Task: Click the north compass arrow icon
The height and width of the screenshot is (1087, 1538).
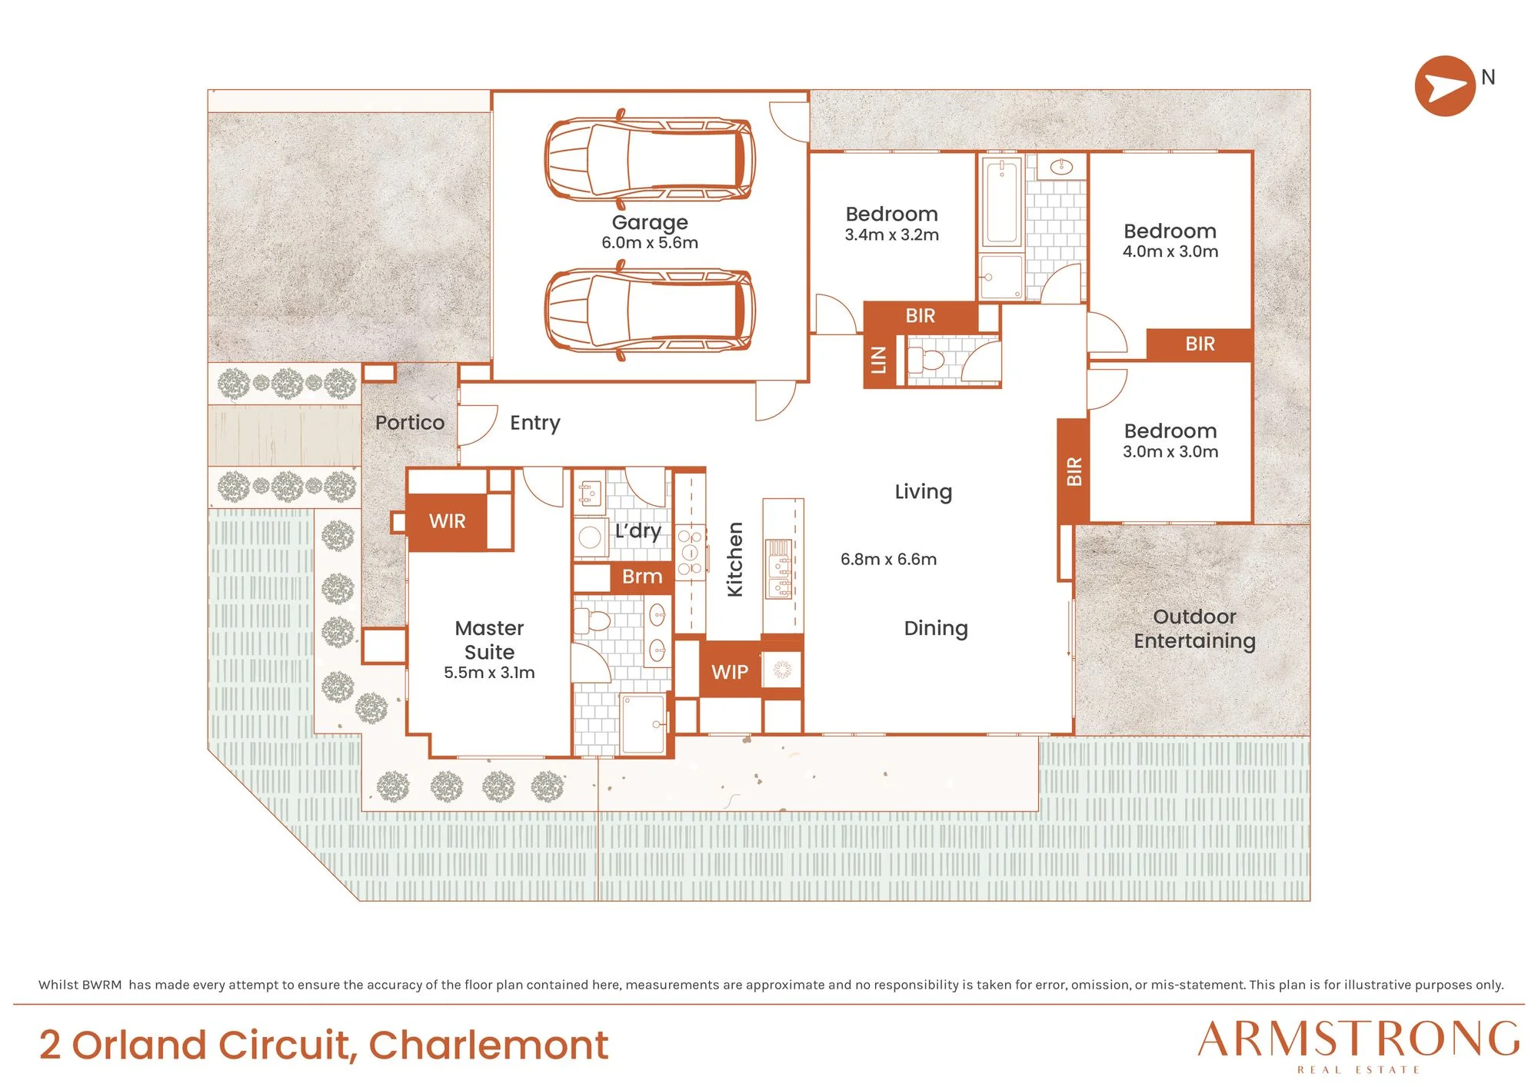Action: (x=1445, y=86)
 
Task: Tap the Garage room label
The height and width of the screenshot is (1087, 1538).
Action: (x=650, y=222)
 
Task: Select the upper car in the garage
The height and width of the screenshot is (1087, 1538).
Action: (x=650, y=159)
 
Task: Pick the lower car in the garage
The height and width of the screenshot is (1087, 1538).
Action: (x=650, y=310)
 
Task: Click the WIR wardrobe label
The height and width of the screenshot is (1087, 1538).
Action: (x=447, y=521)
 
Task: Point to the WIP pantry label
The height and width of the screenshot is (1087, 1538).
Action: (x=729, y=672)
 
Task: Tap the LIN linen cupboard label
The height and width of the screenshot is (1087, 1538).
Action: (x=878, y=360)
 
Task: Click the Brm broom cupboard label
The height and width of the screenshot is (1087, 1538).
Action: (x=642, y=577)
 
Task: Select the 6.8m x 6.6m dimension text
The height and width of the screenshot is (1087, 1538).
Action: (x=888, y=560)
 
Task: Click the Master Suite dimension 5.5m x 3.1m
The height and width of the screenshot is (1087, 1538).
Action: (x=489, y=673)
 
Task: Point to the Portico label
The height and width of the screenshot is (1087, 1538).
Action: (x=410, y=423)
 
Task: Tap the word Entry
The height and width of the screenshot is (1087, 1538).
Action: (x=535, y=423)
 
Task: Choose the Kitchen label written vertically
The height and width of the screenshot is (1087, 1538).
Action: (x=735, y=560)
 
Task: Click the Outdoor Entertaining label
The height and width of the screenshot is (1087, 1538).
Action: (x=1194, y=629)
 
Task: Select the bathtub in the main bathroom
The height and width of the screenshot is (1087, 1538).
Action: (x=1001, y=201)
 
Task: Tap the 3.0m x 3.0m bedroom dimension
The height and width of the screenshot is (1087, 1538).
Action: (x=1170, y=452)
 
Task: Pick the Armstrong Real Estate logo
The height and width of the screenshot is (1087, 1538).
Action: (x=1359, y=1045)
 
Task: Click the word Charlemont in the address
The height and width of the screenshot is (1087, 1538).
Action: (x=488, y=1045)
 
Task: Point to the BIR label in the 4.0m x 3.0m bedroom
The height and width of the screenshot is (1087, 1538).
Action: (x=1200, y=344)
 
